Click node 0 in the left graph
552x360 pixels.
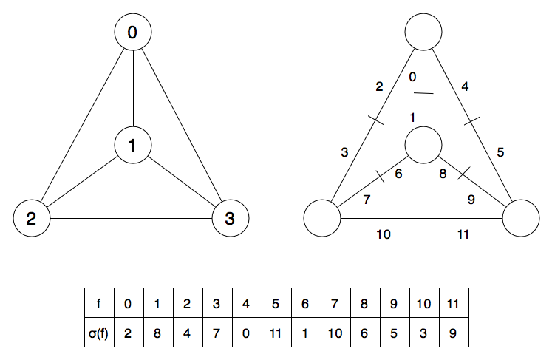click(x=133, y=33)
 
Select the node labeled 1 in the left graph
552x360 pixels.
click(x=133, y=145)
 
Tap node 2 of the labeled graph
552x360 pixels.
click(x=31, y=218)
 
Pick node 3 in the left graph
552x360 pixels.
click(x=230, y=218)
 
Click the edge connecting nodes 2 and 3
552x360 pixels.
click(x=130, y=218)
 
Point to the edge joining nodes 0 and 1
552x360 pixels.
click(x=133, y=89)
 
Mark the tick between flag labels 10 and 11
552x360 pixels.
click(x=423, y=218)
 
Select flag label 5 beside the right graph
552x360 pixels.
click(x=500, y=153)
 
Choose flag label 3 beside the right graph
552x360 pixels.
click(x=344, y=153)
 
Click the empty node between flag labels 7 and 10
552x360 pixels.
click(x=322, y=218)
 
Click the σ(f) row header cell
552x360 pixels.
click(x=100, y=333)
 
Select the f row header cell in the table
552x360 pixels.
click(x=100, y=303)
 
